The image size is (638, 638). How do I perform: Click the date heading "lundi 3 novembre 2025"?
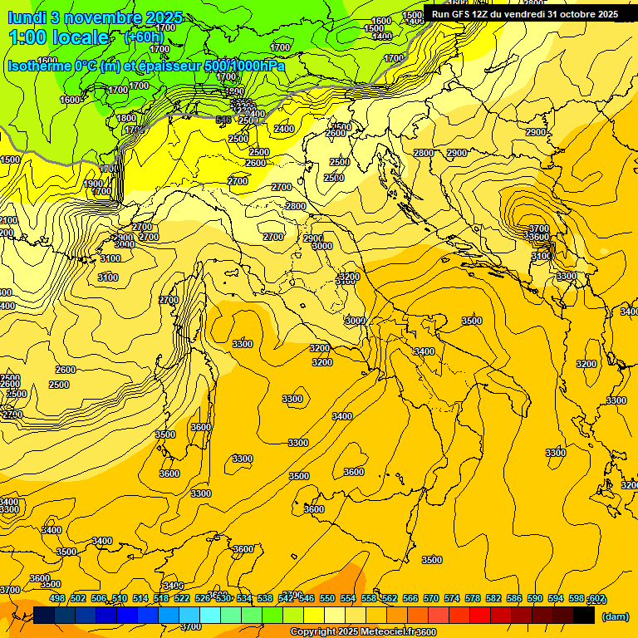[x=95, y=17]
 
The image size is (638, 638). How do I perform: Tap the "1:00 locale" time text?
[x=58, y=37]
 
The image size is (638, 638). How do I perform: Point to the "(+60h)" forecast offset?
[x=144, y=37]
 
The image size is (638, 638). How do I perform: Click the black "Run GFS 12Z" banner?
[x=525, y=14]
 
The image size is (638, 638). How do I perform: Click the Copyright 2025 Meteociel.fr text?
[x=363, y=632]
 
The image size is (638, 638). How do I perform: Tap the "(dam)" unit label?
[x=616, y=616]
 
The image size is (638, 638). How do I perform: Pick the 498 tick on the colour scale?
[x=57, y=598]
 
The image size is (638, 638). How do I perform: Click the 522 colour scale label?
[x=182, y=598]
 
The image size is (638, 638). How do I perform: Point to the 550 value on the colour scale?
[x=327, y=598]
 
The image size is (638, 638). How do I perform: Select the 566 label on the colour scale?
[x=410, y=598]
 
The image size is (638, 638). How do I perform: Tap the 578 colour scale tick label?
[x=473, y=598]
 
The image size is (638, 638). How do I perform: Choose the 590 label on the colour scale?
[x=535, y=598]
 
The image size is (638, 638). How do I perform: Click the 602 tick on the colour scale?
[x=596, y=598]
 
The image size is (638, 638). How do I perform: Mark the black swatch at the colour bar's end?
[x=584, y=616]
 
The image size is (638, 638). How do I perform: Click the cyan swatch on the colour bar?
[x=210, y=616]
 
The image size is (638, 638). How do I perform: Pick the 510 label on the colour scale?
[x=120, y=598]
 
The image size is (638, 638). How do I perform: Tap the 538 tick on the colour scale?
[x=265, y=598]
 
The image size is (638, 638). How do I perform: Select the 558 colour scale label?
[x=369, y=598]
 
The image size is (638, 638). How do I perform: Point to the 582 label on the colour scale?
[x=493, y=598]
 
